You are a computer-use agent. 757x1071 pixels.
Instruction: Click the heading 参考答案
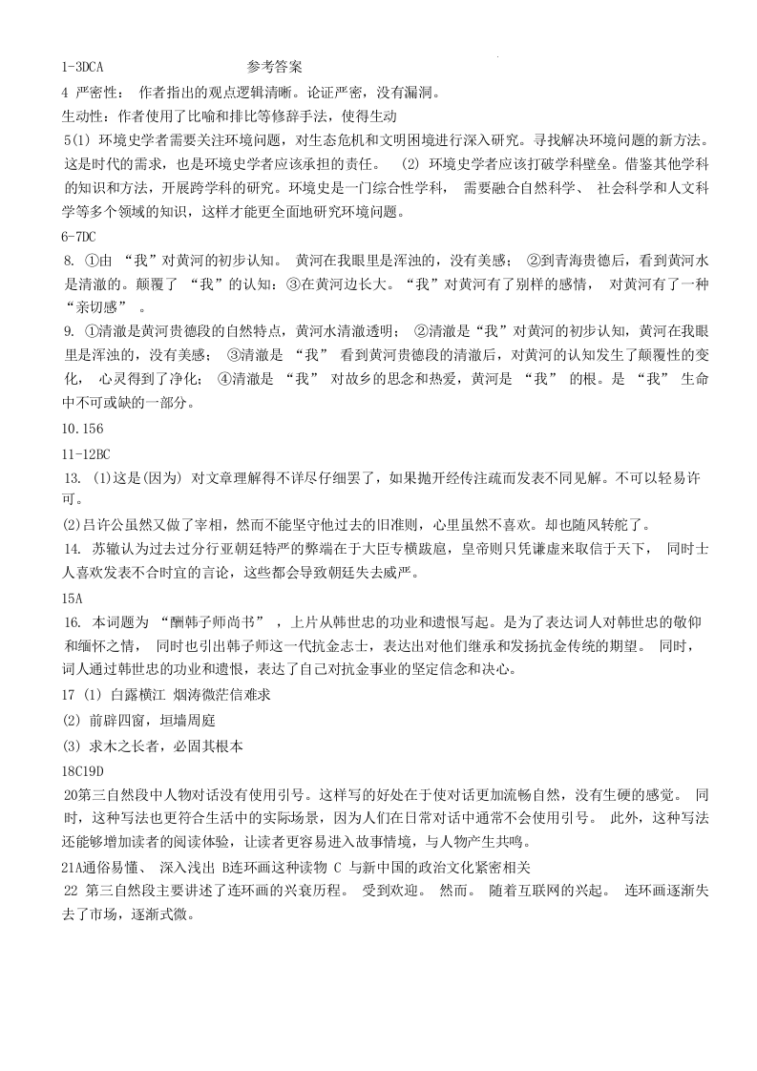coord(274,68)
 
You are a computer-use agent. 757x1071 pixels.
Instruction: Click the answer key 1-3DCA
coord(81,68)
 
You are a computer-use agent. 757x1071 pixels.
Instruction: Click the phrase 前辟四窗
coord(123,721)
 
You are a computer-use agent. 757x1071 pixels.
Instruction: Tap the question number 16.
coord(72,621)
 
